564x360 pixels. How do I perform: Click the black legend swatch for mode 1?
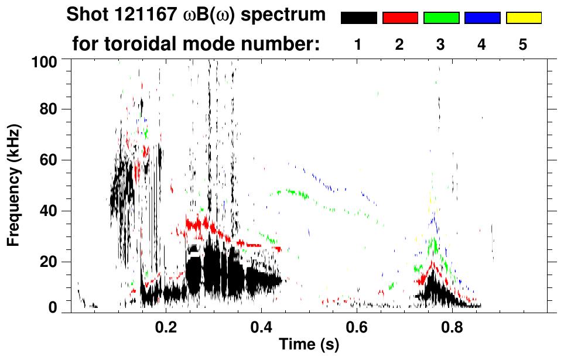(358, 18)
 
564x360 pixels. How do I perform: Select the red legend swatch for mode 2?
(400, 18)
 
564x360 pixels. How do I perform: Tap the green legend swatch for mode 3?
(441, 18)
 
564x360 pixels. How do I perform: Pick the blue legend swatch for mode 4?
(482, 18)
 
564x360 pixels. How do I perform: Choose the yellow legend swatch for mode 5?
(523, 18)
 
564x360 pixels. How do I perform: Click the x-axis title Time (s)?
(309, 345)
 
